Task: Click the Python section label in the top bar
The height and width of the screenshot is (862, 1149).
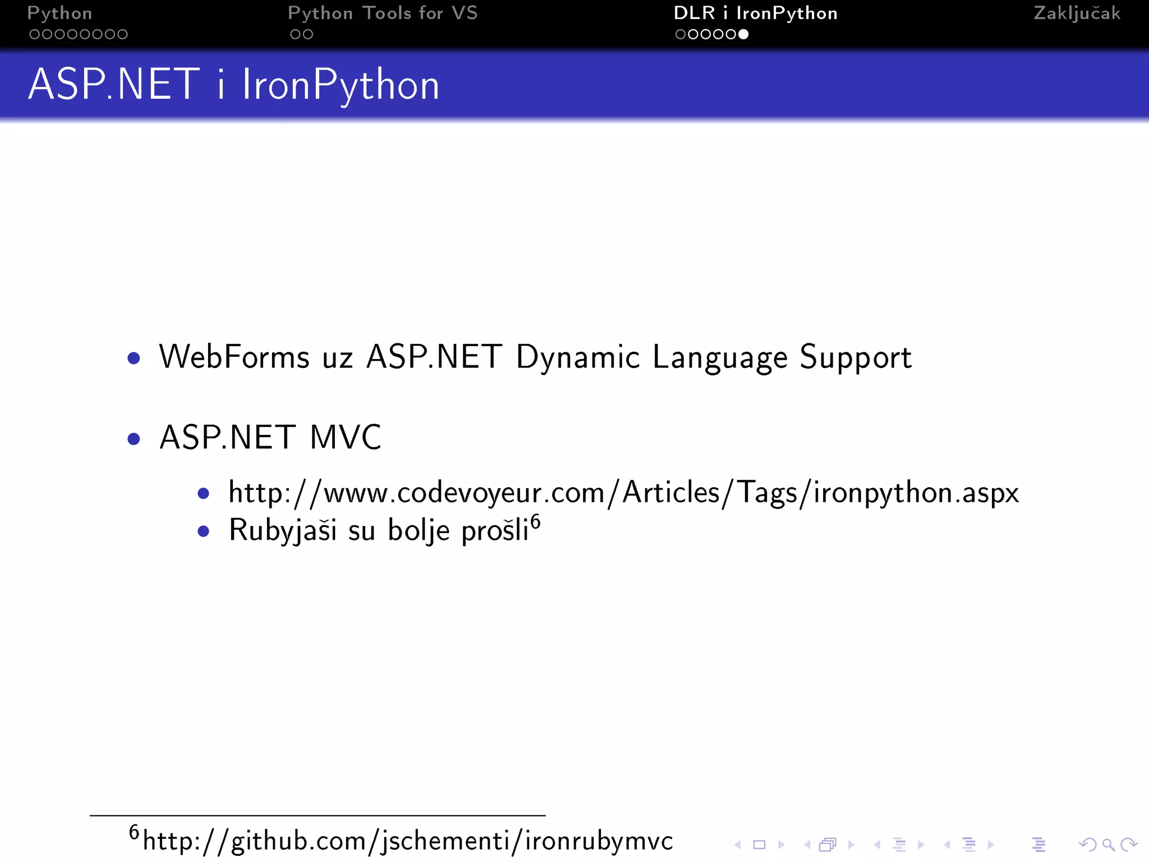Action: click(x=59, y=13)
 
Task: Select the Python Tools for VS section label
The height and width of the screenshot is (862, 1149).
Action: click(x=383, y=13)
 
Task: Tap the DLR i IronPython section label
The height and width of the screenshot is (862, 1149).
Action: click(x=755, y=13)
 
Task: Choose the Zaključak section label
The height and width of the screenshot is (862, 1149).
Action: click(x=1077, y=13)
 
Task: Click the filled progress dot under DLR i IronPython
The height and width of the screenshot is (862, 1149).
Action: click(x=743, y=34)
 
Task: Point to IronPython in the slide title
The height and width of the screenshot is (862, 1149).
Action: click(x=341, y=86)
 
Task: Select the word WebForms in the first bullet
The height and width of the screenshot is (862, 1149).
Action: click(x=234, y=357)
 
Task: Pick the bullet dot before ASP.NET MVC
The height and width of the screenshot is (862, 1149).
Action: click(x=134, y=438)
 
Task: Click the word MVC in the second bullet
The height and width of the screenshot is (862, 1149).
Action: click(x=345, y=437)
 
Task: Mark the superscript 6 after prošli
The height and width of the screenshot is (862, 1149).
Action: click(x=536, y=522)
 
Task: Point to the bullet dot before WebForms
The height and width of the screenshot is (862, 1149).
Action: click(x=134, y=358)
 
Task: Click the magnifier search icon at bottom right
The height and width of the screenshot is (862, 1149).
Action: click(x=1108, y=845)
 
